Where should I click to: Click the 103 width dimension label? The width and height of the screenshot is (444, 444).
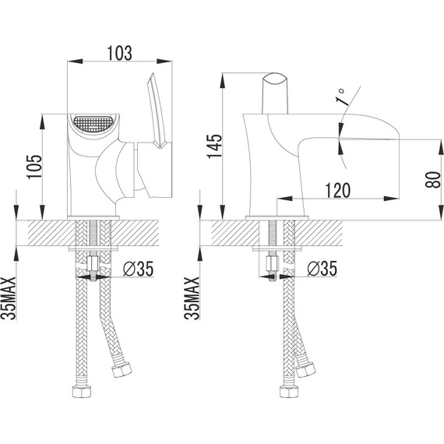click(x=119, y=53)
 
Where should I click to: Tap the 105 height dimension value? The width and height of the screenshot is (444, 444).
click(x=34, y=167)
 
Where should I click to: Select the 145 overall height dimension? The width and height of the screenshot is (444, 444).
click(x=214, y=146)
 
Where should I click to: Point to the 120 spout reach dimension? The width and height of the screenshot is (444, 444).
click(x=337, y=190)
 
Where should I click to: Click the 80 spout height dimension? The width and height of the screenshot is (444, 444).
click(x=433, y=180)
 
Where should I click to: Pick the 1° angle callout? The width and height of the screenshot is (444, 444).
click(x=340, y=97)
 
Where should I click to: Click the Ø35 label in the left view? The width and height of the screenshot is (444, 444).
click(x=138, y=269)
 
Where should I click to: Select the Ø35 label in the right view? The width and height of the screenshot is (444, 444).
click(x=322, y=269)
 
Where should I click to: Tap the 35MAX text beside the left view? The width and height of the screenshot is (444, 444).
click(x=9, y=298)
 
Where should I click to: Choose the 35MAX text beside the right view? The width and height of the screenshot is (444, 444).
click(x=192, y=298)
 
